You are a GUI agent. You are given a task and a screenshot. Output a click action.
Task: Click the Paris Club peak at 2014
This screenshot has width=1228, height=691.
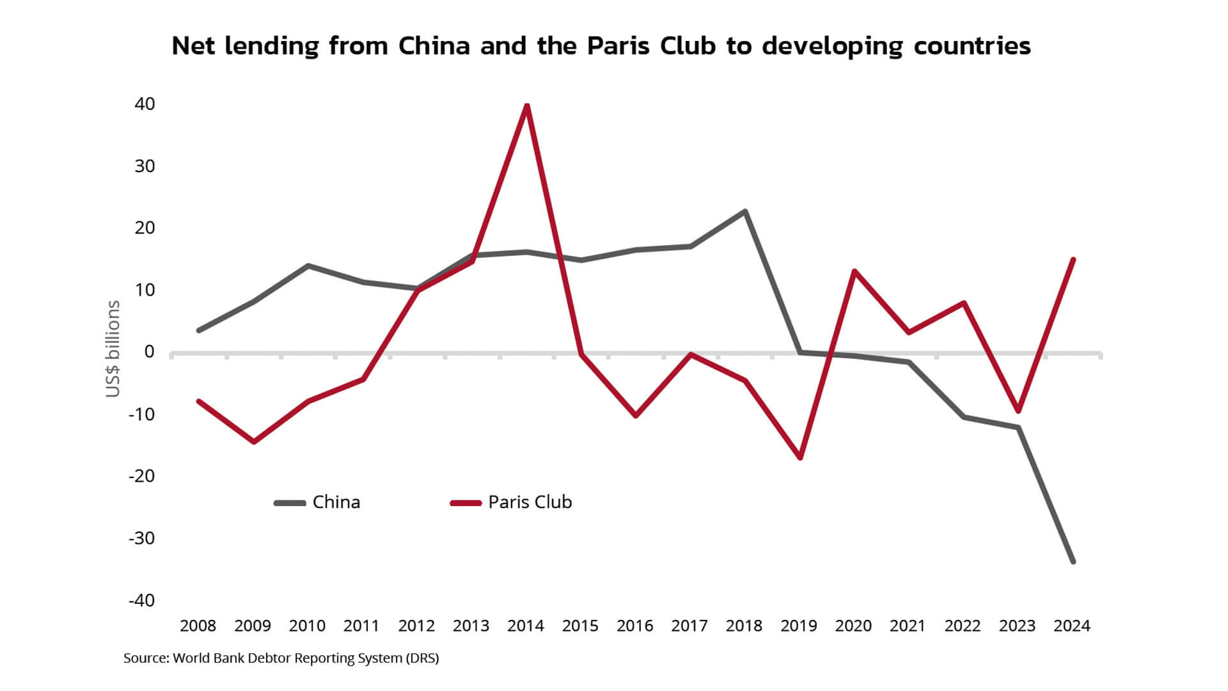point(526,106)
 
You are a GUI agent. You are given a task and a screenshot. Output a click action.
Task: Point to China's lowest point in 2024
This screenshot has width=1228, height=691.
point(1073,561)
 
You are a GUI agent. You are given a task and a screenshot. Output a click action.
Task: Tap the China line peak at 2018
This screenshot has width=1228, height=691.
point(745,212)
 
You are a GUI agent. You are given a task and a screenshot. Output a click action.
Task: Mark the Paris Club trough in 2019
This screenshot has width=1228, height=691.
point(800,457)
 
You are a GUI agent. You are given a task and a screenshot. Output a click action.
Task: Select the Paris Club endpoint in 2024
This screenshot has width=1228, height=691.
point(1073,260)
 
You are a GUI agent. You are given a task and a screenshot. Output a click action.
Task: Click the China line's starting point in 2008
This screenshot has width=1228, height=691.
point(199,330)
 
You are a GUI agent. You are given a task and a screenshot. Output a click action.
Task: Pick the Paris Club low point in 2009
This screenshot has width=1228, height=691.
point(254,441)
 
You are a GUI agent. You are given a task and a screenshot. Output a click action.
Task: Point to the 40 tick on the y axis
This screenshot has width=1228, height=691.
point(145,104)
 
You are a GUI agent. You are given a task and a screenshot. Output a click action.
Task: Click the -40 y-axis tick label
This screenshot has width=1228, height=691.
point(142,601)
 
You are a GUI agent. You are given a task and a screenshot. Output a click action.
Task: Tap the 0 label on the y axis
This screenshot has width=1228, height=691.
point(150,352)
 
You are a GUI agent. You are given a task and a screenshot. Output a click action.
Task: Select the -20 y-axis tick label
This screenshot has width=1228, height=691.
point(142,476)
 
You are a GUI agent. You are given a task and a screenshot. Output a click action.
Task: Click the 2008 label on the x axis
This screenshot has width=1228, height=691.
point(198,626)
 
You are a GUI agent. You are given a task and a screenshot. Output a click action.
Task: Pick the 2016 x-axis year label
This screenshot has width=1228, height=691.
point(635,626)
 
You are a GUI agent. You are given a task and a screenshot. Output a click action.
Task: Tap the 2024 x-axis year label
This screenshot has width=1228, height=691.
point(1072,626)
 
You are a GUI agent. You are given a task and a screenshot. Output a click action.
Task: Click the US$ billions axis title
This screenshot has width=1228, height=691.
point(113,349)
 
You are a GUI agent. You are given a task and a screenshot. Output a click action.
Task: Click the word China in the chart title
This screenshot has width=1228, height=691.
point(434,46)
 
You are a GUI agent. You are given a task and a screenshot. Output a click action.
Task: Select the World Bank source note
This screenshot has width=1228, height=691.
point(281,658)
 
